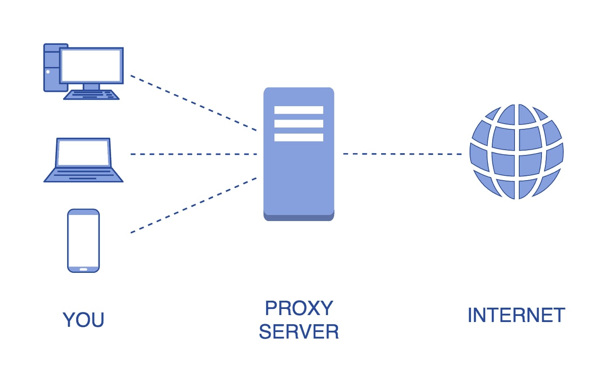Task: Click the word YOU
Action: click(83, 320)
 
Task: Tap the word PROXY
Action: click(299, 309)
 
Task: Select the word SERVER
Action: click(299, 332)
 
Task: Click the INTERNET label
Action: click(516, 316)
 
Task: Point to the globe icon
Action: click(517, 152)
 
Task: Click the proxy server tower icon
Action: click(299, 174)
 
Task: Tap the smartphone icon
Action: click(84, 241)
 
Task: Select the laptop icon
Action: click(84, 160)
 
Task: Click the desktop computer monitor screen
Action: click(91, 66)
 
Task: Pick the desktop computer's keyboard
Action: click(91, 95)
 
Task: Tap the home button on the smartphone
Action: click(84, 269)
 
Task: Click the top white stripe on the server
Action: click(299, 110)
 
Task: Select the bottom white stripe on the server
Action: click(299, 138)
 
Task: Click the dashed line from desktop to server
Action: click(193, 103)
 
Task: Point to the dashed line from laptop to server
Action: click(193, 154)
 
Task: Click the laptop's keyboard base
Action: click(84, 175)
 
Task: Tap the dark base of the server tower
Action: click(299, 218)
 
